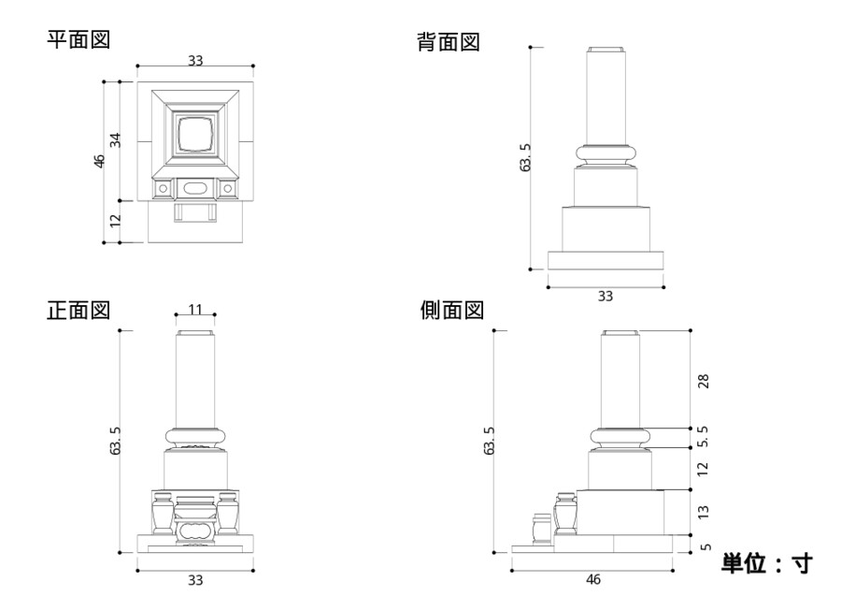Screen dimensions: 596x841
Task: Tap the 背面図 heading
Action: click(448, 41)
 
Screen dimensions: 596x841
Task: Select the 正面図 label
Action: click(78, 310)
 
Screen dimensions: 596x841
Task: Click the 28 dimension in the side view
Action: click(703, 381)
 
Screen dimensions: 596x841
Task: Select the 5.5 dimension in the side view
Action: click(703, 437)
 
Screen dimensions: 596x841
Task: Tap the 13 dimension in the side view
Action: click(703, 511)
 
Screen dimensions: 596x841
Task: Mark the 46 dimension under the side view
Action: click(592, 579)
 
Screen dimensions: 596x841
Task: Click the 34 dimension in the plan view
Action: click(116, 140)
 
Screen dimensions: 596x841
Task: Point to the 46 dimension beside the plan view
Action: click(99, 161)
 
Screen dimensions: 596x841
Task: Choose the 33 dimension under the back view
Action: click(606, 297)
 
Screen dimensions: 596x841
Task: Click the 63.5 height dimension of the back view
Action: click(525, 157)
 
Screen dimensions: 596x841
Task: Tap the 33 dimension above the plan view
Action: click(195, 60)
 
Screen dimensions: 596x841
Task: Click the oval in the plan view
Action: click(195, 188)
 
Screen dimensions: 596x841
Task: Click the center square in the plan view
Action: click(195, 134)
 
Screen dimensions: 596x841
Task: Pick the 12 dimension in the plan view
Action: click(116, 221)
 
